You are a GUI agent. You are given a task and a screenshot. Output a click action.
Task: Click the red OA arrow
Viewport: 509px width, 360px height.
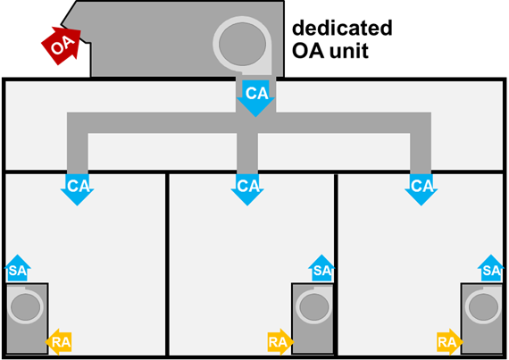(x=62, y=46)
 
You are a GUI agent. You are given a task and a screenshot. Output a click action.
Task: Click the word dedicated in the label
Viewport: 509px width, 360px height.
(x=342, y=28)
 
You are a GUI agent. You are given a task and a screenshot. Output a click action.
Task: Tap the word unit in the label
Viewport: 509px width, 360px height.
(x=350, y=51)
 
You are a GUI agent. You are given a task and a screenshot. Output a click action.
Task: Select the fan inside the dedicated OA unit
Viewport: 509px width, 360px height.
(x=242, y=44)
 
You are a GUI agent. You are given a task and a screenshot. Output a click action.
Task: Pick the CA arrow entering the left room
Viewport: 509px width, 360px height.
(x=78, y=189)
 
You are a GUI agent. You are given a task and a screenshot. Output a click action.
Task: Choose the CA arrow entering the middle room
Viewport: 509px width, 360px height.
(x=247, y=189)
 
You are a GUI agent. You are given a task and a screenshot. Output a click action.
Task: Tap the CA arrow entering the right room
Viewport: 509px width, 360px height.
(x=421, y=189)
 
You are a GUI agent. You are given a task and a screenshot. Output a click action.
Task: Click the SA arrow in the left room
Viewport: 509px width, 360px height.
(x=18, y=268)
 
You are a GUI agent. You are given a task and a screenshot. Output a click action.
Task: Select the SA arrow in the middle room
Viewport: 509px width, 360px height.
(x=321, y=268)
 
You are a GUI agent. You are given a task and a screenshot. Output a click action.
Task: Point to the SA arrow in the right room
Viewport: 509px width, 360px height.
(x=491, y=268)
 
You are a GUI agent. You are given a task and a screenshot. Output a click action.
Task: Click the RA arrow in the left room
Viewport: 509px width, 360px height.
(x=58, y=342)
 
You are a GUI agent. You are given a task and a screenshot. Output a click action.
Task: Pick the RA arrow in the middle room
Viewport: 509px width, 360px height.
(x=280, y=342)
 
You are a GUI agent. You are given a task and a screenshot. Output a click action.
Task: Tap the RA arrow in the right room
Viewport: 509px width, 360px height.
(x=450, y=342)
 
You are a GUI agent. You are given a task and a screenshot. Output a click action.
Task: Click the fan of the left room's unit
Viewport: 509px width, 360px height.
(x=25, y=306)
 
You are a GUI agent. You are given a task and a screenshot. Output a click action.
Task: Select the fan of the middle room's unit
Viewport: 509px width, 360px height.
(x=313, y=306)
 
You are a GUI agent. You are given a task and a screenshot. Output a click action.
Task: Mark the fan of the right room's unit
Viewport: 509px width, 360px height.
(x=483, y=306)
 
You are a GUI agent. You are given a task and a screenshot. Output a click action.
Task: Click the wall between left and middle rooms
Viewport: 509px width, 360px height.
(x=167, y=264)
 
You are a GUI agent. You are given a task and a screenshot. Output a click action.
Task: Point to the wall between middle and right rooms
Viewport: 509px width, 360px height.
(x=336, y=264)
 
